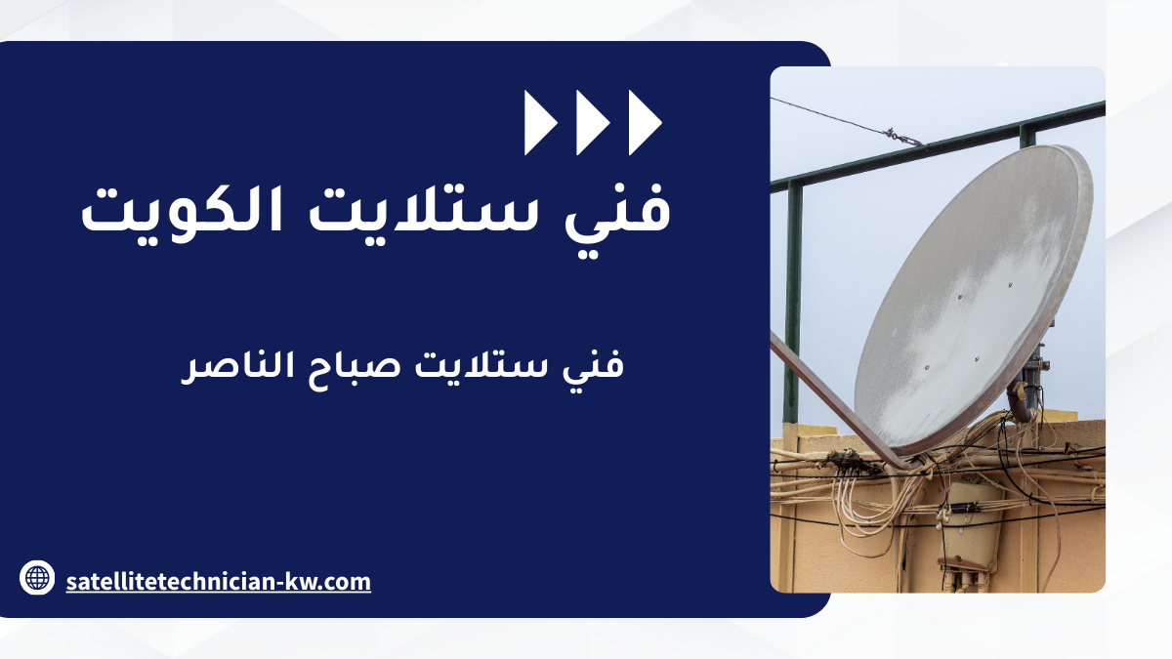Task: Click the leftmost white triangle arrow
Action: (x=539, y=123)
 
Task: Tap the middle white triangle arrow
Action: (x=591, y=123)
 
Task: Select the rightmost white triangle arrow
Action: (x=644, y=123)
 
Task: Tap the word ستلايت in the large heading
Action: (x=423, y=209)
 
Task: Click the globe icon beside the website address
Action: (x=37, y=578)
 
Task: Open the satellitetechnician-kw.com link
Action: (x=218, y=582)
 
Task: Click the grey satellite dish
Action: (x=973, y=298)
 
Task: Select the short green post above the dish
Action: (x=1027, y=136)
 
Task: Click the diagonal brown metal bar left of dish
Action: (x=842, y=402)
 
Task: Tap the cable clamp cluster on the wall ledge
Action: (x=848, y=461)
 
